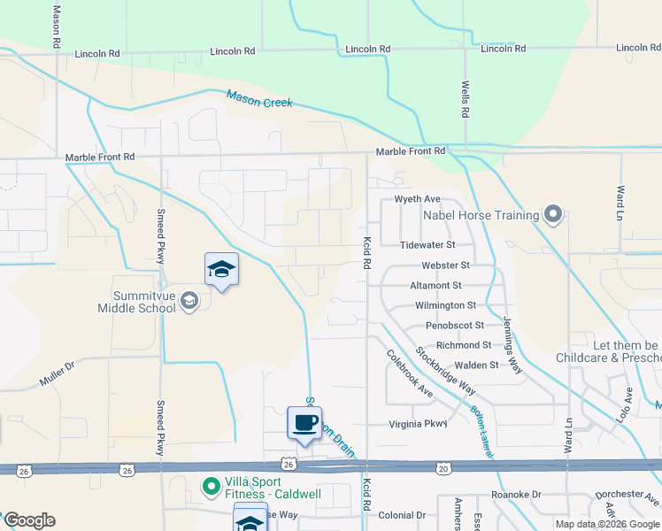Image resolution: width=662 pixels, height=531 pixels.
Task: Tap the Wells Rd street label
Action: pos(465,100)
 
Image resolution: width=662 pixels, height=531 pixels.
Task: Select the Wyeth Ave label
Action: pos(417,199)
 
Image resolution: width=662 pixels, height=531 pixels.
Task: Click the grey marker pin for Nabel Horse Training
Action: pos(554,215)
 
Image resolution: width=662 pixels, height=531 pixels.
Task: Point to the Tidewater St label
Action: pos(427,244)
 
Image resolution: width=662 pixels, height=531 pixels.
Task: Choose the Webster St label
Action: pos(445,265)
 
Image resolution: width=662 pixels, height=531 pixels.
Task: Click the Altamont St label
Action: pos(436,285)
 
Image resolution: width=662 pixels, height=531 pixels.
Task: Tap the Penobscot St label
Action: pos(455,325)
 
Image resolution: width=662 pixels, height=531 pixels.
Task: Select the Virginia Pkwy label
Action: pos(419,424)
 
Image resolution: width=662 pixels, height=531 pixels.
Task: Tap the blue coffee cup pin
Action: pos(304,421)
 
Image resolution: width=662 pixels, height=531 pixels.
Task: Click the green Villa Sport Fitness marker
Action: pos(211,486)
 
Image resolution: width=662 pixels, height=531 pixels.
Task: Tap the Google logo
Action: pos(29,520)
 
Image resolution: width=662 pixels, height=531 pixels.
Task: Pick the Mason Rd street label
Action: pos(56,27)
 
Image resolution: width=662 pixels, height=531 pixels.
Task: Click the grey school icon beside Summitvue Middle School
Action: pos(189,302)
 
